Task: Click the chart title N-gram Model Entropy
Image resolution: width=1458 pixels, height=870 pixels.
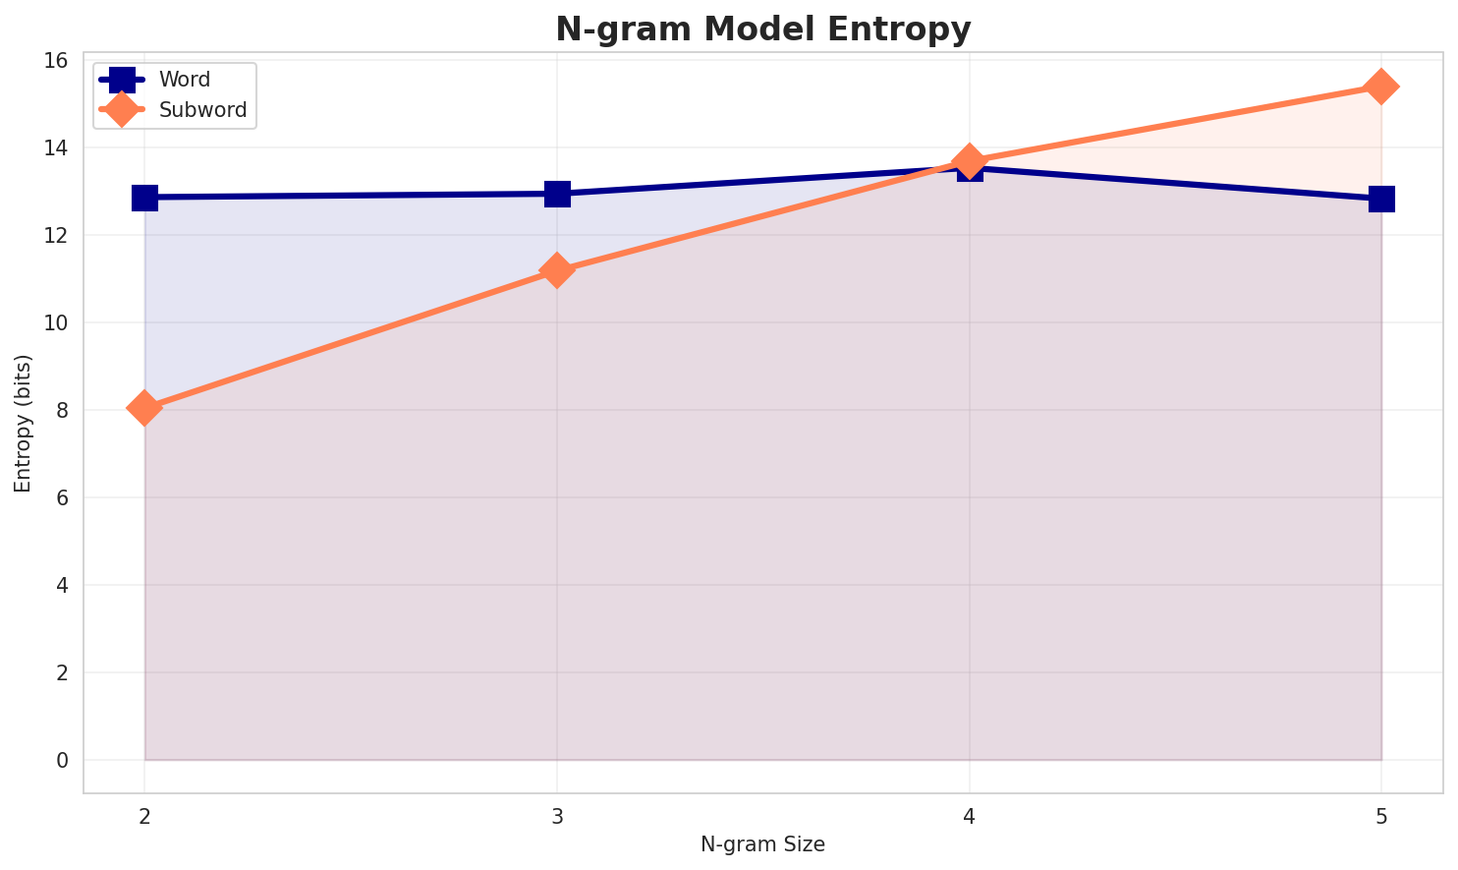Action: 762,29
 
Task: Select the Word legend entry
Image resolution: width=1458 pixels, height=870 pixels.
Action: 155,80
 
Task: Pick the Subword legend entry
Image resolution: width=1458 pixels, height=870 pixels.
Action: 173,109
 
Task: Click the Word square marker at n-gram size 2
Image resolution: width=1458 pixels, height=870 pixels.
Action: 144,198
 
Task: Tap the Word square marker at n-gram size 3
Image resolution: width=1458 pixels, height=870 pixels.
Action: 557,194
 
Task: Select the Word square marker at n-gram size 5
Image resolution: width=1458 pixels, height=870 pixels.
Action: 1381,200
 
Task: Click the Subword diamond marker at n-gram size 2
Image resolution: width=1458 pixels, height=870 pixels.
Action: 144,408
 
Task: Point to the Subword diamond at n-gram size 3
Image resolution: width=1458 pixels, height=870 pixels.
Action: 557,270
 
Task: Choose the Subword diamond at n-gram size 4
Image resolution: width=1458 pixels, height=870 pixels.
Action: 970,161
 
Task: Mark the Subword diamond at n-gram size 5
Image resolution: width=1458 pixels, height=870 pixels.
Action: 1381,87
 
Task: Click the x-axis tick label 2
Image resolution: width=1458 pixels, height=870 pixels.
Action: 144,817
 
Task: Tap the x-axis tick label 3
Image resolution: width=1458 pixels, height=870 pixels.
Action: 557,817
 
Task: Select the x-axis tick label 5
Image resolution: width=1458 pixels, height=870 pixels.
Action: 1381,817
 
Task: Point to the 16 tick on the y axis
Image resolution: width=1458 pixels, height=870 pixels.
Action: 57,61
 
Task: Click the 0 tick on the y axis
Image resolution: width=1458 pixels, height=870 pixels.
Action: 63,760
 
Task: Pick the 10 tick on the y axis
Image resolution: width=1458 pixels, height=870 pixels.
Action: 57,322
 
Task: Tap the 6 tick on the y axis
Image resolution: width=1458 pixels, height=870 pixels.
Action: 63,497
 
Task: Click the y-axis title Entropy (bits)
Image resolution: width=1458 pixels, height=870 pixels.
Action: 23,424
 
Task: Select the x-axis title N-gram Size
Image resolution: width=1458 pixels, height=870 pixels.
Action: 762,844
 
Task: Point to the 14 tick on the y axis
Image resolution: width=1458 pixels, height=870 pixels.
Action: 57,147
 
